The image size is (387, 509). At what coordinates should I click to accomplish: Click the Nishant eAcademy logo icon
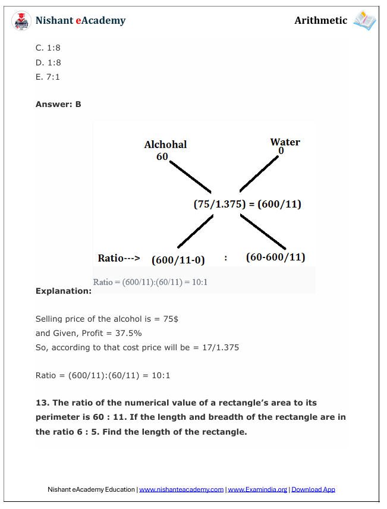coord(22,21)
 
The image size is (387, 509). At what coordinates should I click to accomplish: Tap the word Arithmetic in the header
coord(320,21)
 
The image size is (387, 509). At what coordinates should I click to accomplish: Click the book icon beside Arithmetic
coord(364,21)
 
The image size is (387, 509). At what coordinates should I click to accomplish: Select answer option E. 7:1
coord(48,77)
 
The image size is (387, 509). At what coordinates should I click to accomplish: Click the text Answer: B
coord(58,104)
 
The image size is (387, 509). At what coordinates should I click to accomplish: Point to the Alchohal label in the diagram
coord(165,144)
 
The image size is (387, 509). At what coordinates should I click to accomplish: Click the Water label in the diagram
coord(285,142)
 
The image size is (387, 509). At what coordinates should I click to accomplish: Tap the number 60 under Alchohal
coord(162,156)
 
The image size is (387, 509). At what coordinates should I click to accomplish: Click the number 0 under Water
coord(281,151)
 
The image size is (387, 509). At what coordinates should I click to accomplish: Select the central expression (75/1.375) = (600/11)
coord(247,205)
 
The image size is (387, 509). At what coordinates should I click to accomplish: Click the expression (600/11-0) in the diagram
coord(178,259)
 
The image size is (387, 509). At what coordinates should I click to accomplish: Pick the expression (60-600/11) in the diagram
coord(275,257)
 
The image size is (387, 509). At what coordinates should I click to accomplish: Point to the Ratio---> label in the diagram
coord(118,259)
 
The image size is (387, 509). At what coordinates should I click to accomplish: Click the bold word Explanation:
coord(64,291)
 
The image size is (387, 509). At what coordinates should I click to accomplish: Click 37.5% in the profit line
coord(128,333)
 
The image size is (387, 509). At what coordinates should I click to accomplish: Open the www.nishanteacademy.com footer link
coord(181,489)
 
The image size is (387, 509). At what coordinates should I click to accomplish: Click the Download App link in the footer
coord(313,489)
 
